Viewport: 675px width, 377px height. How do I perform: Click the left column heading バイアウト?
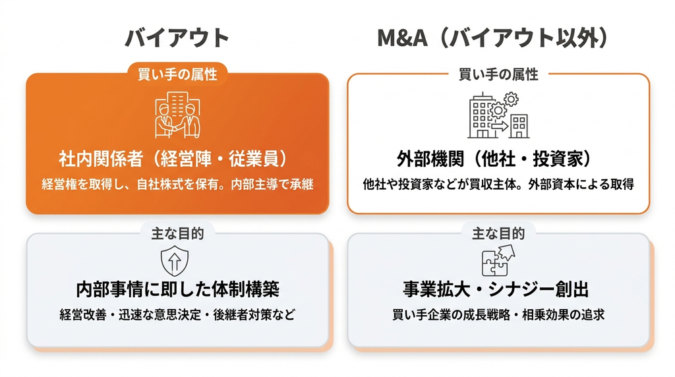177,38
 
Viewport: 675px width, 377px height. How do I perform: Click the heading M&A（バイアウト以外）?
493,38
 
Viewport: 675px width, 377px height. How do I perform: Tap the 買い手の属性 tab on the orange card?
177,74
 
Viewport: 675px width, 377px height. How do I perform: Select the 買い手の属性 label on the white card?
498,74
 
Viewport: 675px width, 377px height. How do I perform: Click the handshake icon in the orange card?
177,115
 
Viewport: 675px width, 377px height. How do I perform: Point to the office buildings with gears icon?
498,115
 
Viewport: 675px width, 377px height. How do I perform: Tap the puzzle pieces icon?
498,260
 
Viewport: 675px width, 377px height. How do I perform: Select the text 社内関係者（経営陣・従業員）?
173,159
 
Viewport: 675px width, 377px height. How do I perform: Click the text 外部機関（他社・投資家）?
494,159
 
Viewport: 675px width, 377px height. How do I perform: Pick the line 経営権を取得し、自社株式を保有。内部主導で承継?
177,184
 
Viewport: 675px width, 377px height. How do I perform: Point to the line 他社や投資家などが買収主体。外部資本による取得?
498,184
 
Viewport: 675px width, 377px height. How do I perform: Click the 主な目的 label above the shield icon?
177,234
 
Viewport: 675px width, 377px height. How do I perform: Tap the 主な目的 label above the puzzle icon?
498,234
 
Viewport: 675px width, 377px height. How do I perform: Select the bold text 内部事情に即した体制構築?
177,289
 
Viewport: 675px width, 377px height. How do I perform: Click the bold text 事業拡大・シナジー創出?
496,289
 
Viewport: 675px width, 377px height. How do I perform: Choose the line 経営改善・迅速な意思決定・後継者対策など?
177,314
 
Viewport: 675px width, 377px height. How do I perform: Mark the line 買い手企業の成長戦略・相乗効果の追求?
498,314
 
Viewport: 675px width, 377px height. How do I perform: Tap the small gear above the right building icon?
511,100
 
